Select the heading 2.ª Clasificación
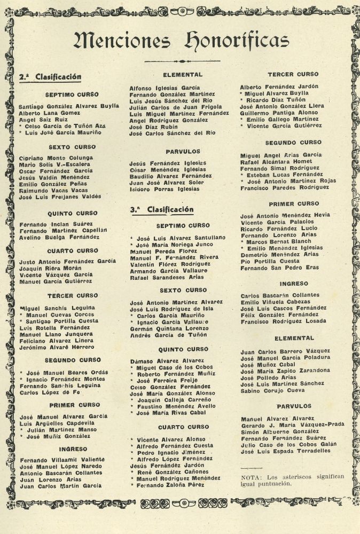tap(50, 77)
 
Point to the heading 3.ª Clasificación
tap(162, 209)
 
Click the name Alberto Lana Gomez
tap(50, 114)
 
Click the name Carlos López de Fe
tap(51, 392)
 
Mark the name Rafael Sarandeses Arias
tap(167, 277)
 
